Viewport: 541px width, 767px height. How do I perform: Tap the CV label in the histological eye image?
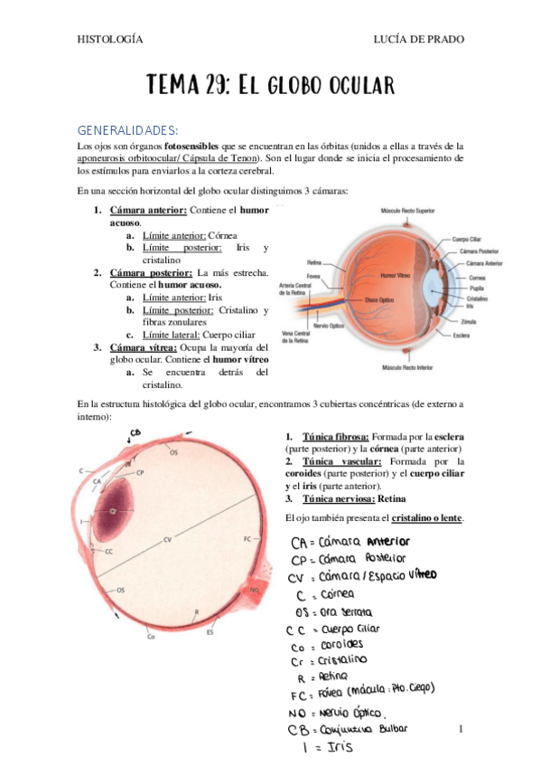coord(167,540)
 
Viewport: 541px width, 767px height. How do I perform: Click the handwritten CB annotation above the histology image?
coord(135,432)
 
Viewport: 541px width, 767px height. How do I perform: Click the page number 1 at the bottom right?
coord(461,728)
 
